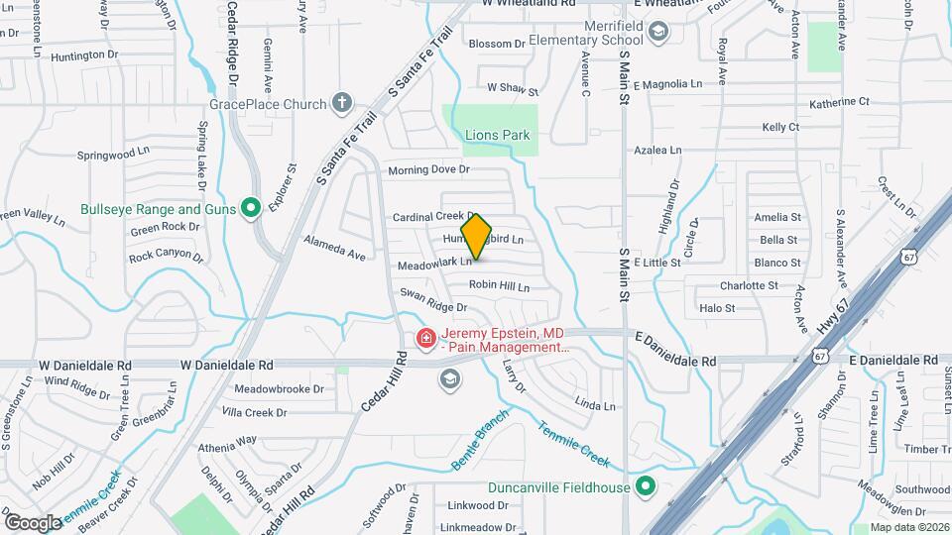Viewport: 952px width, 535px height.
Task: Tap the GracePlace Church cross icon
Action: pos(342,103)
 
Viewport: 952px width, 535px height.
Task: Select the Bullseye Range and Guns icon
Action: pos(251,208)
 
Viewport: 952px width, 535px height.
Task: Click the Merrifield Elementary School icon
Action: pos(657,34)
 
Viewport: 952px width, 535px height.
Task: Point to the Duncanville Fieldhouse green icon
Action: pos(647,486)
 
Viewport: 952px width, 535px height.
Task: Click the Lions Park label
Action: pos(497,135)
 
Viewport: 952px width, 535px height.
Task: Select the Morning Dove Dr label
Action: pos(428,170)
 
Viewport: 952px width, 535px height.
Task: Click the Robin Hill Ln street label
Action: pos(499,285)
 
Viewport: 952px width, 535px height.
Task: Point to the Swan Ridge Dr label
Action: pos(433,293)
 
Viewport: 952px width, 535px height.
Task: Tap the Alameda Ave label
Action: pos(335,248)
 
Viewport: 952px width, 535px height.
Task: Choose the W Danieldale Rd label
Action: pos(226,365)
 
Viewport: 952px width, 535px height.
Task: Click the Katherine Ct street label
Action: pos(838,102)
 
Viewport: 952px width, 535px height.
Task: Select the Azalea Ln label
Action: pos(658,151)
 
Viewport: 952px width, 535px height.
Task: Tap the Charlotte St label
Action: pos(749,285)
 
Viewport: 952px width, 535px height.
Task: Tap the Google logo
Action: pos(32,521)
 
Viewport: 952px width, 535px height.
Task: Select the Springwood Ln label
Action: pos(113,156)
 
